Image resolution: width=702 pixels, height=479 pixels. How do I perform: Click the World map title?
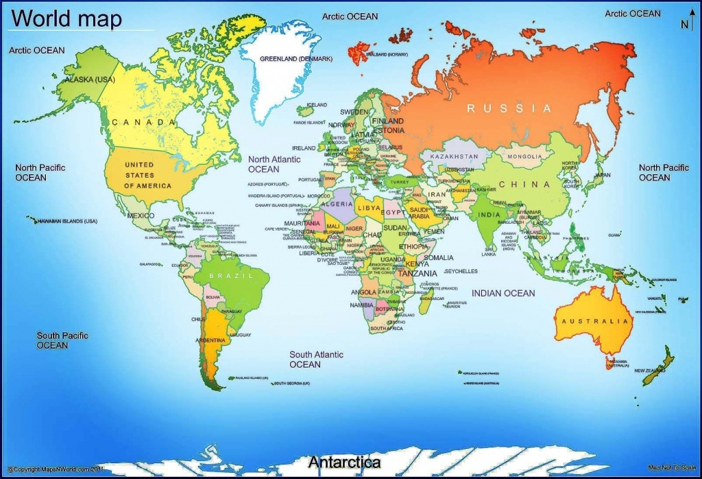coord(66,19)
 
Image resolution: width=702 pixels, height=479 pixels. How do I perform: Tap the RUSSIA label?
coord(509,108)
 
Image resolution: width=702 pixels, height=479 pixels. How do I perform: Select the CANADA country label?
coord(143,122)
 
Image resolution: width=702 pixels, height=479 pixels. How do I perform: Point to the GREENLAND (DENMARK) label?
coord(295,59)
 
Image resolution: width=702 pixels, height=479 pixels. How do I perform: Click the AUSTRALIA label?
coord(595,321)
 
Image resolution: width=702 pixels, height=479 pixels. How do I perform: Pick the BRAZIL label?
coord(230,275)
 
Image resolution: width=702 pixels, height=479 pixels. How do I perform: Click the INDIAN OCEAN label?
coord(503,293)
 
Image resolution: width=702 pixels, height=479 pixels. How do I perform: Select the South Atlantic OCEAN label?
coord(316,359)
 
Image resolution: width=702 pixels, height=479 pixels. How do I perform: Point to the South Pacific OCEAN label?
coord(62,340)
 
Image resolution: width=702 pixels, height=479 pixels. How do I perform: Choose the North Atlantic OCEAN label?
coord(274,164)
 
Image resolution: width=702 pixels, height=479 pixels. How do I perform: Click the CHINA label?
coord(524,184)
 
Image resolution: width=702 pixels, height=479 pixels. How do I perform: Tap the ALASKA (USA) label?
coord(89,80)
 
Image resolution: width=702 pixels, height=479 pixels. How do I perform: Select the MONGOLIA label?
coord(524,156)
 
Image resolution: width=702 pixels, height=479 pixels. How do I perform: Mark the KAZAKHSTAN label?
coord(454,156)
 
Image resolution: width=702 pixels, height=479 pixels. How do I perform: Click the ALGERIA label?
coord(336,204)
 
